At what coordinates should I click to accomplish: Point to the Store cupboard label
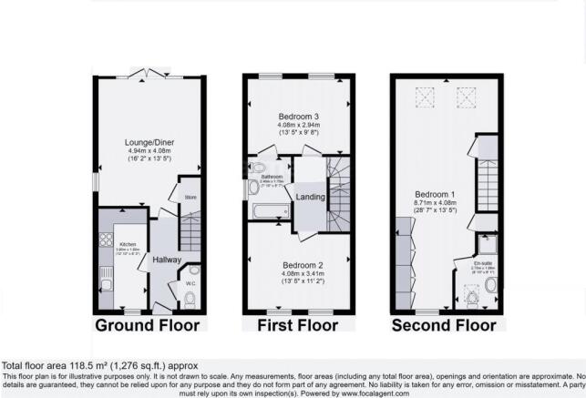[191, 196]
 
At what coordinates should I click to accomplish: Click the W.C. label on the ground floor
[190, 283]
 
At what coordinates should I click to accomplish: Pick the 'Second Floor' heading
[444, 325]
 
